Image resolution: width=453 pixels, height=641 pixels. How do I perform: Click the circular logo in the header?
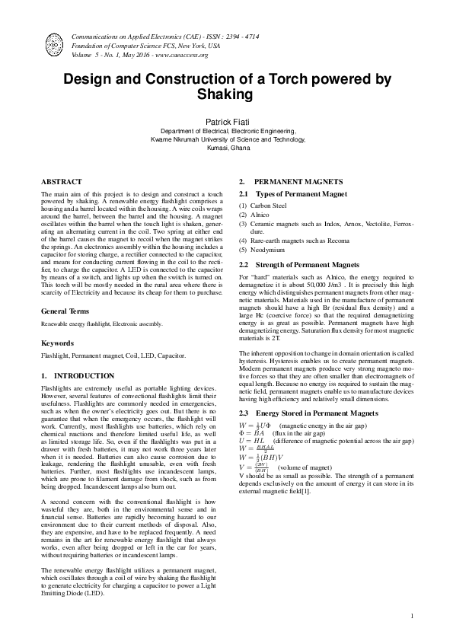[54, 43]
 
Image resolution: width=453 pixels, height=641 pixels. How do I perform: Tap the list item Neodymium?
[266, 250]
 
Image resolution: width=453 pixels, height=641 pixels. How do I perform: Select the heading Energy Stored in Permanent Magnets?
[304, 412]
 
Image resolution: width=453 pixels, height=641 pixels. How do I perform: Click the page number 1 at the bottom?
[411, 616]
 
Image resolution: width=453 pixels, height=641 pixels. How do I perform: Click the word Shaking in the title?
[226, 94]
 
